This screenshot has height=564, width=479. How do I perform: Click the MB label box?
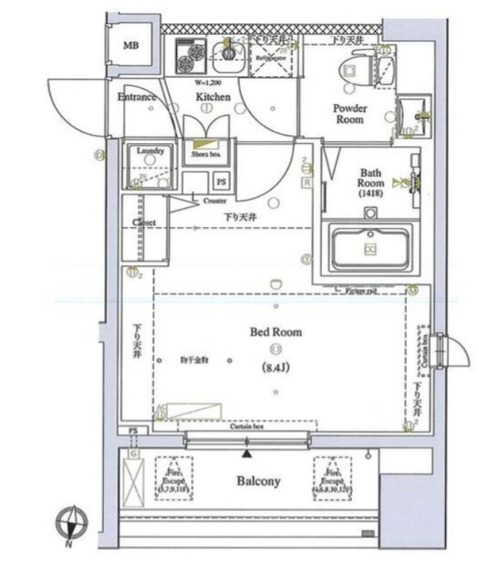(x=130, y=45)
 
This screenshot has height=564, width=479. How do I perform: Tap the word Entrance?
(x=136, y=97)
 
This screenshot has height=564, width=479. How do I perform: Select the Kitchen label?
(x=213, y=97)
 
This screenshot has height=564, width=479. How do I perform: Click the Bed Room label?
(x=276, y=333)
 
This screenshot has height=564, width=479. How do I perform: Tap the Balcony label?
(x=258, y=481)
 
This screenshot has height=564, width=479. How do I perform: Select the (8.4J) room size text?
(x=275, y=366)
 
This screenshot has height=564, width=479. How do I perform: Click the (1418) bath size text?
(x=369, y=194)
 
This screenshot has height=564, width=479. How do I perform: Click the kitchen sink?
(x=227, y=53)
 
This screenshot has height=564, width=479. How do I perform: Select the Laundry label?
(x=150, y=152)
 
